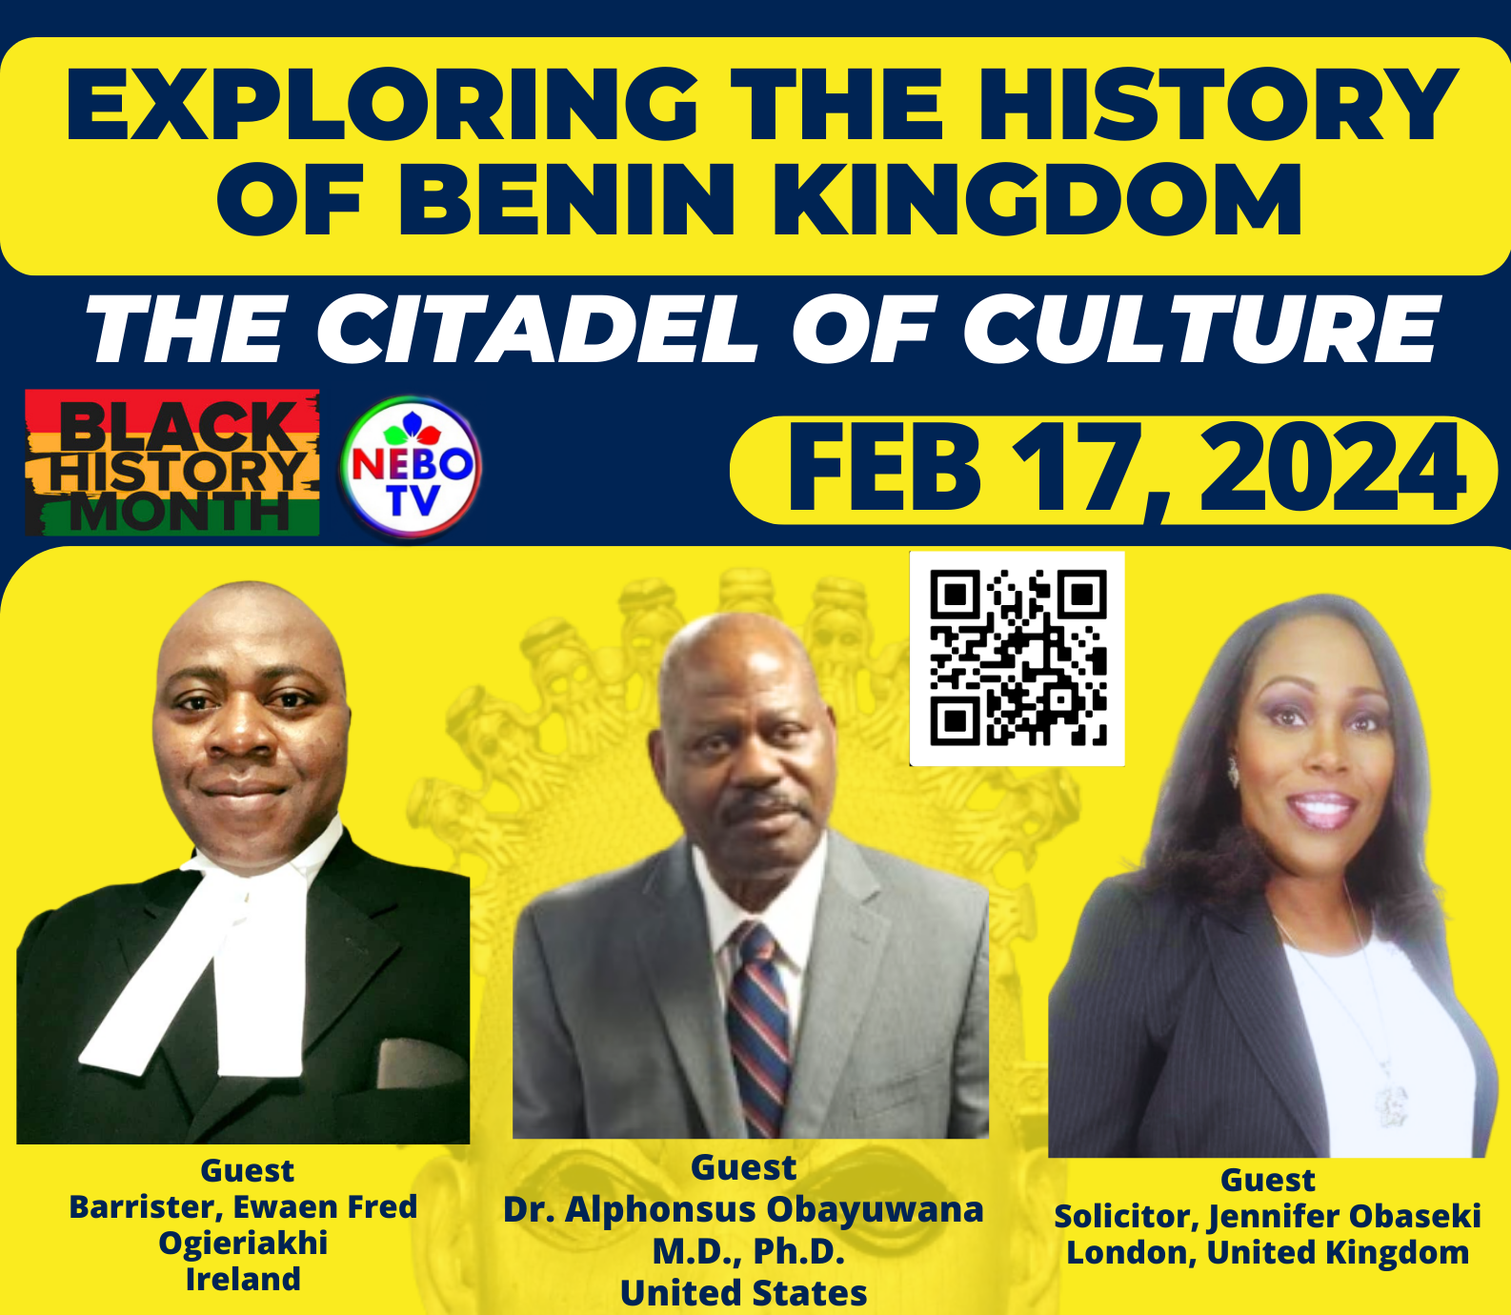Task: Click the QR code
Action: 1017,658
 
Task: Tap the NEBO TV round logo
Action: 411,468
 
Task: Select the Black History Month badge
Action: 172,462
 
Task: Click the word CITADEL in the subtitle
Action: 535,329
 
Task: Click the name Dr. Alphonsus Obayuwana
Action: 743,1209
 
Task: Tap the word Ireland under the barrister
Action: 243,1279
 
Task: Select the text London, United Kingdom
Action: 1267,1252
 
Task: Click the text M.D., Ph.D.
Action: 748,1251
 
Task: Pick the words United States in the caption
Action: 743,1293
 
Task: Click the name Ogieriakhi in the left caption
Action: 243,1244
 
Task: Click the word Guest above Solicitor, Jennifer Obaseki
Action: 1267,1180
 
